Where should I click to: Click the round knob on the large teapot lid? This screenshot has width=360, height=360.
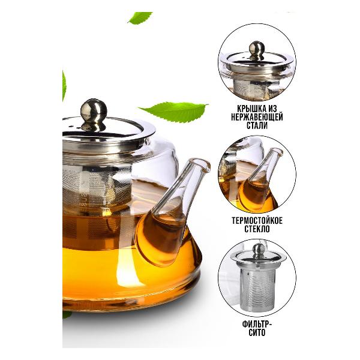pos(94,110)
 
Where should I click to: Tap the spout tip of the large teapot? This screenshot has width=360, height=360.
pos(203,163)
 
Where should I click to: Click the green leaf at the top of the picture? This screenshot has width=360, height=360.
pos(140,17)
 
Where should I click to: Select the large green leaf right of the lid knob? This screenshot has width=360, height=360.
pos(174,112)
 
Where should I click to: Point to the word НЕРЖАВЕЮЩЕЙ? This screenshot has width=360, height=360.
pos(257,117)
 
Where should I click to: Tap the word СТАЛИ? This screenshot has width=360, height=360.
pos(257,125)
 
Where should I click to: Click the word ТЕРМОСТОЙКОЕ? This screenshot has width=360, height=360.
pos(257,220)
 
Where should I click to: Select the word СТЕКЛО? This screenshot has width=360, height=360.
pos(257,229)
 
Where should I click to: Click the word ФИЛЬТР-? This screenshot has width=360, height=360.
pos(257,324)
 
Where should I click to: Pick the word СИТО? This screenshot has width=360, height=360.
pos(257,332)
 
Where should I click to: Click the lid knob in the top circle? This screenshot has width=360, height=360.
pos(257,49)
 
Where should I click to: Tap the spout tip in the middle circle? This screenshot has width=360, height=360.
pos(277,151)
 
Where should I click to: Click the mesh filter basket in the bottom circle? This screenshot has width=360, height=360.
pos(257,290)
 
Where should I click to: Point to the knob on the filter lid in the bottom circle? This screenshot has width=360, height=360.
pos(259,250)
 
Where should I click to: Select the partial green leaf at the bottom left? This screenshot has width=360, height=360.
pos(66,314)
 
